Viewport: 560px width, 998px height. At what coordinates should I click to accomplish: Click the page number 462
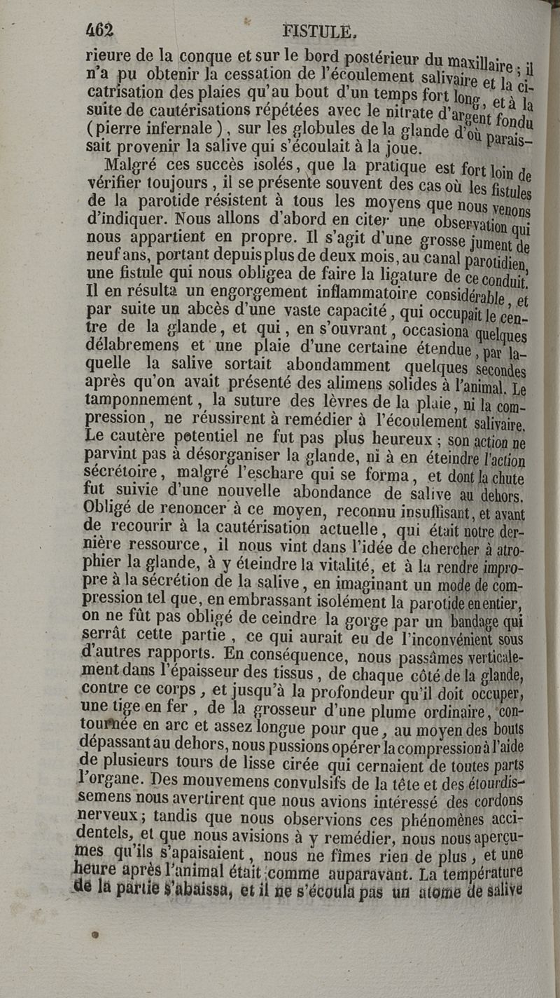pyautogui.click(x=99, y=30)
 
